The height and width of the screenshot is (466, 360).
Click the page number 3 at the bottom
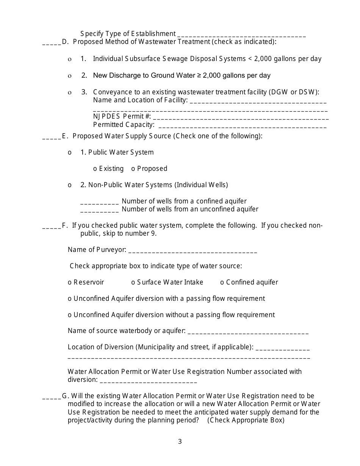180,441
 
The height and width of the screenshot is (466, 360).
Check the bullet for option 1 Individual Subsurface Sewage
70,59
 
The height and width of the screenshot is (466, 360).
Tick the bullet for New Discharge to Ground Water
70,76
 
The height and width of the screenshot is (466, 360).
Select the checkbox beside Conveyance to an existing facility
70,92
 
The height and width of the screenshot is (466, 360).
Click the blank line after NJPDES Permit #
241,118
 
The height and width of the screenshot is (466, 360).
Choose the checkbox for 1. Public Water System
70,153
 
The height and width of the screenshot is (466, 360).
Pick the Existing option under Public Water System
95,169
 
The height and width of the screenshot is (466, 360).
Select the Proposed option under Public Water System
133,169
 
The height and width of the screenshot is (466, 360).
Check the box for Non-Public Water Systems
70,185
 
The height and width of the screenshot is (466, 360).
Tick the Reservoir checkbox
70,283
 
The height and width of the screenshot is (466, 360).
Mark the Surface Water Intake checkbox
133,283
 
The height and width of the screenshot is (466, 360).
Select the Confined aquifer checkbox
222,283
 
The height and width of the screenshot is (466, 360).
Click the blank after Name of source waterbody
248,333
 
